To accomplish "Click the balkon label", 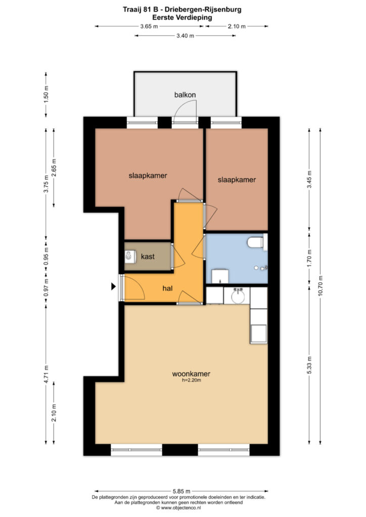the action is click(x=185, y=95).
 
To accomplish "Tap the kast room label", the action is click(x=148, y=256).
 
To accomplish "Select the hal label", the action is click(x=167, y=288).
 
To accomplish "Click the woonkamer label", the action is click(x=191, y=374).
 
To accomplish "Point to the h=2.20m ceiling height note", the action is click(x=192, y=380).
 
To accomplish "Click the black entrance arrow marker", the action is click(x=114, y=287).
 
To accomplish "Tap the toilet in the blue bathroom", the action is click(x=255, y=243).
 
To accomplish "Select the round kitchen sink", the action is click(x=238, y=296).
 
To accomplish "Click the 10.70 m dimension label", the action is click(x=321, y=286).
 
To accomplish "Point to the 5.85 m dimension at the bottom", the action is click(x=181, y=491).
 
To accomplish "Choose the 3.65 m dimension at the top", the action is click(x=149, y=26).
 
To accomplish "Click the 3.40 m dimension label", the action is click(x=185, y=36).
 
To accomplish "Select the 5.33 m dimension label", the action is click(x=309, y=366).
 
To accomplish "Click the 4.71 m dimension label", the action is click(x=46, y=374).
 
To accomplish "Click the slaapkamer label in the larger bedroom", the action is click(x=148, y=175).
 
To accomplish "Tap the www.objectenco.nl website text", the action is click(x=181, y=508).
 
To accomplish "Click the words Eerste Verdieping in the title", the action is click(x=182, y=18).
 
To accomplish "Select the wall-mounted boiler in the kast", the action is click(x=131, y=256).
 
